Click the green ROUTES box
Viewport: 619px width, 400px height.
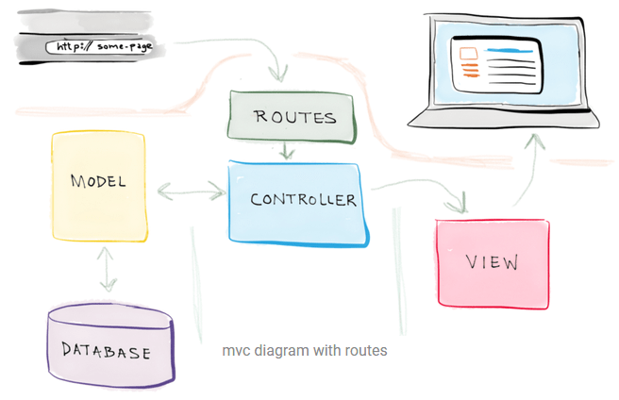[293, 116]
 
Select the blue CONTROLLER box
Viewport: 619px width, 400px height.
[298, 204]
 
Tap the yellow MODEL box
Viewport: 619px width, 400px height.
[99, 186]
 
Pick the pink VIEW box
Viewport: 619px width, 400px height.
[494, 263]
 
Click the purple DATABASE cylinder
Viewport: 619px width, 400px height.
[111, 345]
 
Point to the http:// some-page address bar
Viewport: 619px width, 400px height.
[99, 47]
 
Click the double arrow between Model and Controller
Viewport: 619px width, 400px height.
[192, 192]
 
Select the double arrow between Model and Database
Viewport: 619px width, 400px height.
[107, 269]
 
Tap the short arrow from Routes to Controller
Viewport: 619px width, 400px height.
[287, 150]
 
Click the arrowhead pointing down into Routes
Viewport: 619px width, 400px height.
[278, 74]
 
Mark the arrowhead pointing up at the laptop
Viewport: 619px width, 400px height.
[534, 141]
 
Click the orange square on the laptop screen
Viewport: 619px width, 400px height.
[468, 54]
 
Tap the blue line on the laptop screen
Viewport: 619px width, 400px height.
[510, 51]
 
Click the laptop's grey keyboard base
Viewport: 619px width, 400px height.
[503, 118]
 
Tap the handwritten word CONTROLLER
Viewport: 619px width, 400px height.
[303, 199]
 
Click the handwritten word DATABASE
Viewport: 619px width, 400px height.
[106, 351]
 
